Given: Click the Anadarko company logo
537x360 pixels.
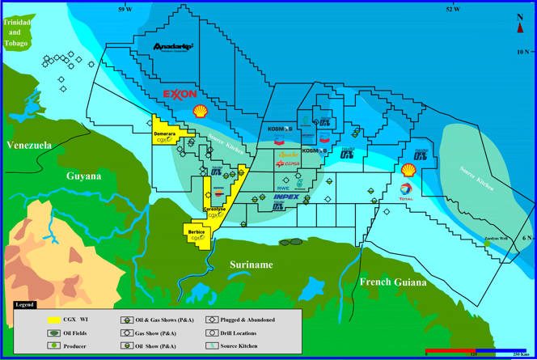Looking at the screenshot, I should [x=173, y=49].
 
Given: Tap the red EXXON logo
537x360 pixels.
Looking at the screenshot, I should [x=180, y=94].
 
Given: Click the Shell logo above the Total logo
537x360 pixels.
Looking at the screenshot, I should [x=409, y=170].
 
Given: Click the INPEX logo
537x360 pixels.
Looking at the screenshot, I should [x=286, y=197].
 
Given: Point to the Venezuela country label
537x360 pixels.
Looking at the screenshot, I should [x=29, y=146].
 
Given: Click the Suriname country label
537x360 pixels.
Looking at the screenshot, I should [x=250, y=265].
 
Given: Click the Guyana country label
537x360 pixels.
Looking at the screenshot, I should [x=84, y=176].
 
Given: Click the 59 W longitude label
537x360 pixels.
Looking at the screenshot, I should [x=125, y=8].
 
